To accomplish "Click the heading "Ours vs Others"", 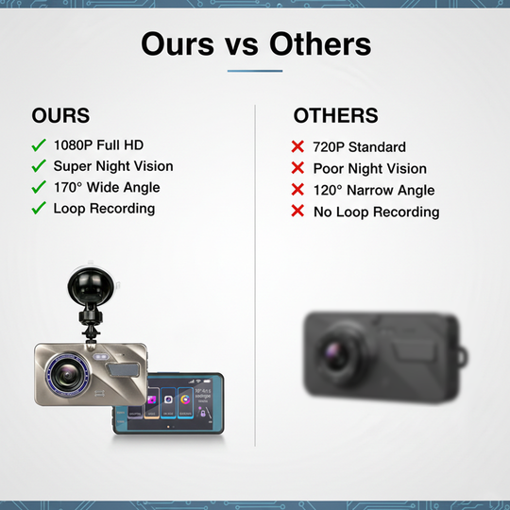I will (x=255, y=43).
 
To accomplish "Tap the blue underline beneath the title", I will (x=255, y=71).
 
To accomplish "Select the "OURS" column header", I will (x=60, y=116).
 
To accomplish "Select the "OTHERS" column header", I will (x=335, y=116).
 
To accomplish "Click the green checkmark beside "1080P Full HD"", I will (x=39, y=146).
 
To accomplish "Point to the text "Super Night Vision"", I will (x=113, y=166).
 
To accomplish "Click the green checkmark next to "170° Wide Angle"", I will (x=39, y=187).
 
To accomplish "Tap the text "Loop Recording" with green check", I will (x=104, y=208).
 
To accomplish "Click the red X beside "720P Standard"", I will (x=297, y=147).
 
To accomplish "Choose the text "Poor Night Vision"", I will (x=370, y=169).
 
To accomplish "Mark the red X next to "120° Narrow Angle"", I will (x=297, y=190).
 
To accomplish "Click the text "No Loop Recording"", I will (x=376, y=212).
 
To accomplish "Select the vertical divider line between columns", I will (x=255, y=283).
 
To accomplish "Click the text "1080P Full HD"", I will (x=98, y=146).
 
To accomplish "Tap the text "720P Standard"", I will (x=360, y=147).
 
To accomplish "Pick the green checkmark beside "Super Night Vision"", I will (x=39, y=166).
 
